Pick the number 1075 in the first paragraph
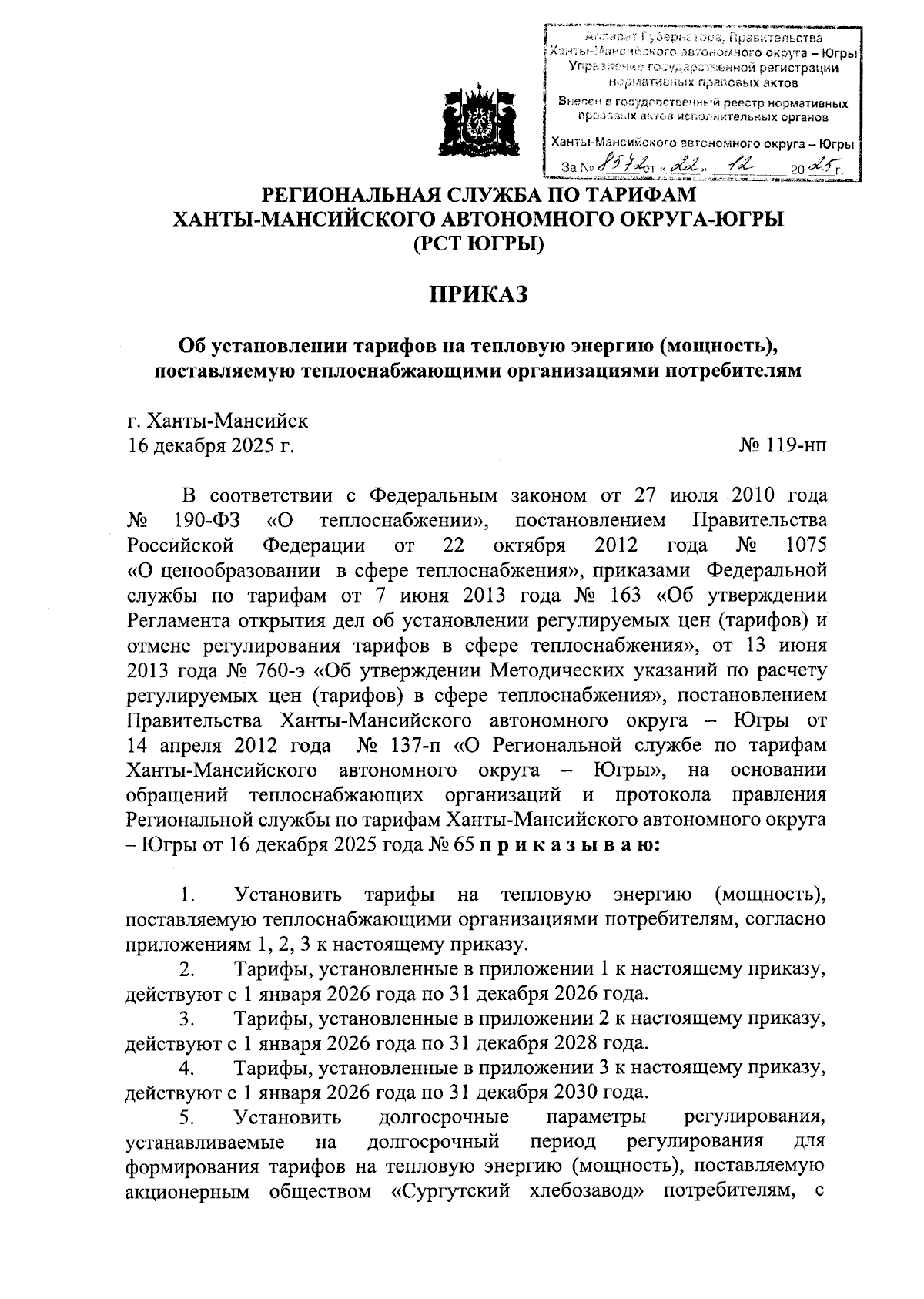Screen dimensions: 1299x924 click(804, 545)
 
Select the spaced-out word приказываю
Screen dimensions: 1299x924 click(569, 844)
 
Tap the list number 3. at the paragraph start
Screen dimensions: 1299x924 click(186, 1019)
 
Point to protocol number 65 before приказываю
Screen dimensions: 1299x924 click(462, 844)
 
